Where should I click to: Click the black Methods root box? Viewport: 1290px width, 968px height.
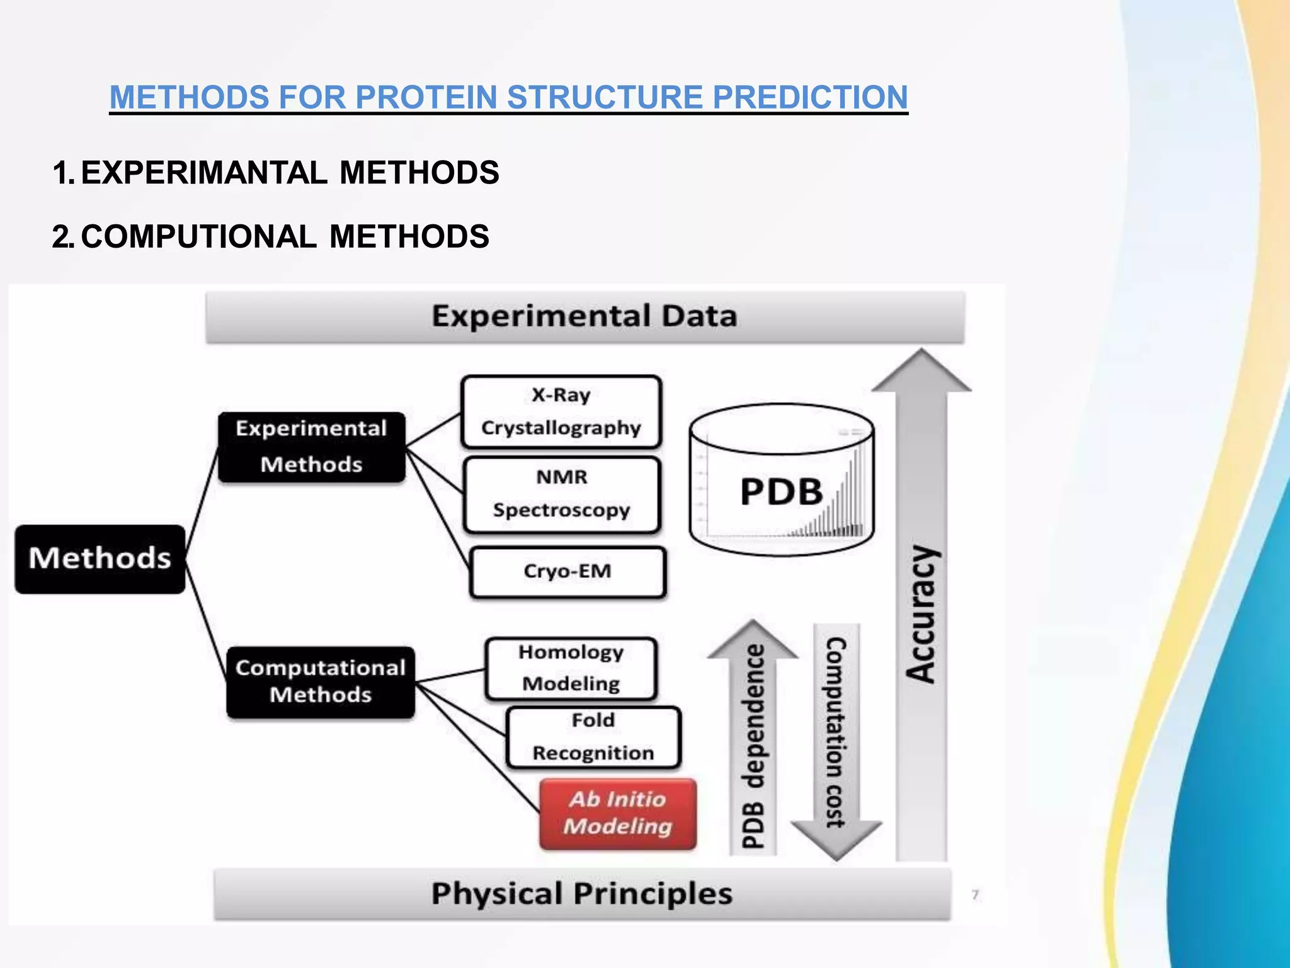pyautogui.click(x=100, y=559)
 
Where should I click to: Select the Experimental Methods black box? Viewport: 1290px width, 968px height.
pyautogui.click(x=312, y=447)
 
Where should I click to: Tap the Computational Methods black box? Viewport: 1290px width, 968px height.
pyautogui.click(x=321, y=682)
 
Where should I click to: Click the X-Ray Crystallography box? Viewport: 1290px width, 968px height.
pyautogui.click(x=561, y=412)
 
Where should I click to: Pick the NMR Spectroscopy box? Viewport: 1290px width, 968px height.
pyautogui.click(x=561, y=494)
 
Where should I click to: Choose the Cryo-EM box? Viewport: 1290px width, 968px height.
pyautogui.click(x=568, y=572)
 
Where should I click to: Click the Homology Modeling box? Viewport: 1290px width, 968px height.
pyautogui.click(x=571, y=668)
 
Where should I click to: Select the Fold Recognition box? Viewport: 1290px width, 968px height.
pyautogui.click(x=593, y=737)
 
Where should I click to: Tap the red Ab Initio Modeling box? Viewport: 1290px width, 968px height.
pyautogui.click(x=618, y=814)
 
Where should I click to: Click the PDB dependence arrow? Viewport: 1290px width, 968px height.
pyautogui.click(x=753, y=744)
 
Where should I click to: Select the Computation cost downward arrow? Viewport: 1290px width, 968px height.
pyautogui.click(x=836, y=737)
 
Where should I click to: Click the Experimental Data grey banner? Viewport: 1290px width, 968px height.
pyautogui.click(x=585, y=316)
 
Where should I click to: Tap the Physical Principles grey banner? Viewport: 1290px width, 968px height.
pyautogui.click(x=582, y=894)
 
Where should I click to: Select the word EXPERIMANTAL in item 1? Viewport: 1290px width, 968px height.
pyautogui.click(x=204, y=173)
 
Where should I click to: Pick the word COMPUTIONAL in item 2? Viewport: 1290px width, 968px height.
pyautogui.click(x=198, y=237)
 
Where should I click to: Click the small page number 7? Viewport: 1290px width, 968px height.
pyautogui.click(x=975, y=894)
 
